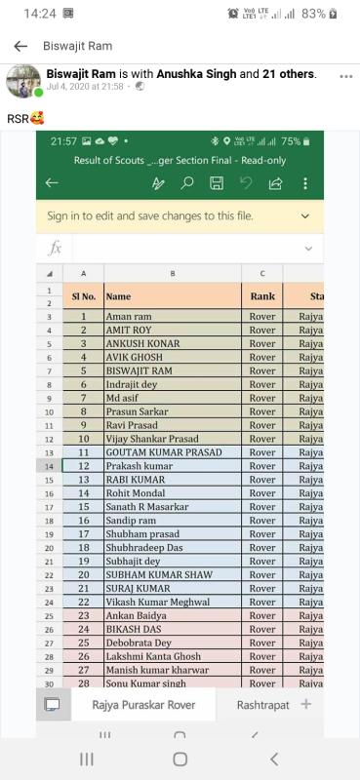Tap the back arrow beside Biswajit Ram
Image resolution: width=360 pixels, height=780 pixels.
(20, 46)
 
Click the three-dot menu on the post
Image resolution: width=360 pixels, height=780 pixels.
(345, 76)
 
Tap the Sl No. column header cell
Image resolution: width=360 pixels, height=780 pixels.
(83, 295)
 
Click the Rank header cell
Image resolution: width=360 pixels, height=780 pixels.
(262, 295)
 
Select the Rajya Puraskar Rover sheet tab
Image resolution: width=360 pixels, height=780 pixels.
(143, 704)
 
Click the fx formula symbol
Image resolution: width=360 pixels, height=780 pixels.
(56, 248)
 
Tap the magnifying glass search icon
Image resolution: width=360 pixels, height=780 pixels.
(187, 183)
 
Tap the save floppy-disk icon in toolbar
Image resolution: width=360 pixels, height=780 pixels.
(217, 183)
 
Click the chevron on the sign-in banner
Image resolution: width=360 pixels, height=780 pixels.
(305, 215)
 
